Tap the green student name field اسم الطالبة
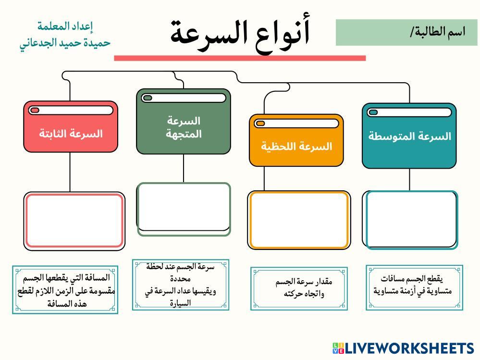pos(406,32)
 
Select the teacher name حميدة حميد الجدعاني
pos(65,42)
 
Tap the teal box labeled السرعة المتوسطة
pos(409,136)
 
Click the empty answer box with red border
pos(74,221)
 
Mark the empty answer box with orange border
pos(298,220)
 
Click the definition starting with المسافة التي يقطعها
pos(65,290)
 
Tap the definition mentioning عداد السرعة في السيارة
pos(180,285)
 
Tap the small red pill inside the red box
pos(35,110)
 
